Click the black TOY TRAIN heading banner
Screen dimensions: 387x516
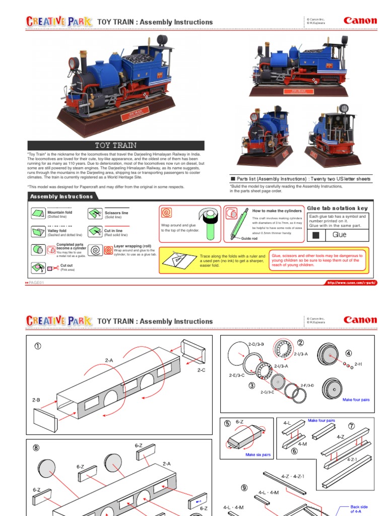click(x=116, y=145)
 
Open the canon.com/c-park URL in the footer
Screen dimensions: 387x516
click(x=351, y=283)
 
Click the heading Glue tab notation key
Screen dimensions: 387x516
click(x=337, y=208)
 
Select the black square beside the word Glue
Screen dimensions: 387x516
click(x=316, y=235)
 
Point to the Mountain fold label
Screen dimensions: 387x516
click(x=59, y=213)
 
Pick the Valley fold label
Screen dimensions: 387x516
click(x=56, y=231)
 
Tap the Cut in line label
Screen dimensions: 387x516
click(x=113, y=231)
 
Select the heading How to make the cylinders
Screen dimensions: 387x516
click(x=277, y=211)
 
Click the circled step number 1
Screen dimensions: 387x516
click(x=37, y=346)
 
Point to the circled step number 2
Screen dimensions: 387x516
click(x=300, y=343)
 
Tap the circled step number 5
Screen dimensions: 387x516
click(x=228, y=424)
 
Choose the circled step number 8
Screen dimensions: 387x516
click(x=37, y=446)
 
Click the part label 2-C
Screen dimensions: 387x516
click(x=201, y=370)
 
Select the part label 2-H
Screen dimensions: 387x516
click(x=358, y=363)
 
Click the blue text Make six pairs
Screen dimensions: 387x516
click(x=258, y=455)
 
